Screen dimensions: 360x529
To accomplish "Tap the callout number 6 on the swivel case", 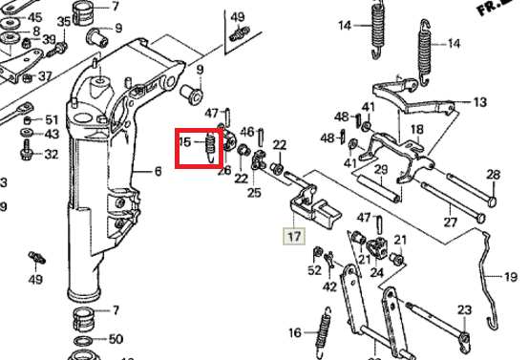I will tap(159, 172).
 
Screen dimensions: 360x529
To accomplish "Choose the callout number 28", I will tap(493, 175).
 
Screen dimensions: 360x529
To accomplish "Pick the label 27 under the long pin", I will tap(450, 222).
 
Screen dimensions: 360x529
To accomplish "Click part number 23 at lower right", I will tap(464, 309).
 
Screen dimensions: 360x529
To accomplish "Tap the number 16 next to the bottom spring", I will tap(296, 332).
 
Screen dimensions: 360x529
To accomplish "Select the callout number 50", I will tap(116, 338).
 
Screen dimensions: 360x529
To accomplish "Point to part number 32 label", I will tap(52, 154).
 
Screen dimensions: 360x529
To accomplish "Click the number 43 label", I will tap(52, 135).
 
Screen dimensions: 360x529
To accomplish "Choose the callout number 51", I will tap(52, 118).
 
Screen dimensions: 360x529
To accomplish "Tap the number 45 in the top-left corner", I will tap(35, 17).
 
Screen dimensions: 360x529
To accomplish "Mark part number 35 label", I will tap(64, 21).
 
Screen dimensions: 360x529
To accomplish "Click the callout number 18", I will tap(416, 129).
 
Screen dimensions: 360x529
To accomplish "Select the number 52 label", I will tap(315, 270).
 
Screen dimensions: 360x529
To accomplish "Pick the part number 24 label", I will tap(377, 272).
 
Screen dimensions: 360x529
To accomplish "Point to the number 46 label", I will tap(247, 132).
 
